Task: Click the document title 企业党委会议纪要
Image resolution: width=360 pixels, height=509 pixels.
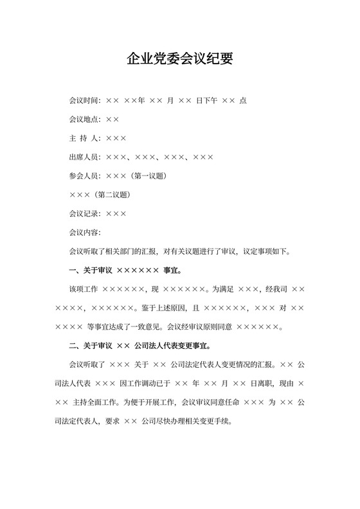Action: (x=179, y=59)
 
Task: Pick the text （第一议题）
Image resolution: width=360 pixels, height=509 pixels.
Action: (x=150, y=175)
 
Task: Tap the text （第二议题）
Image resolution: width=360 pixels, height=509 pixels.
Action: (x=113, y=194)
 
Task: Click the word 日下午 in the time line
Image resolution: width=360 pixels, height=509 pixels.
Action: (x=206, y=101)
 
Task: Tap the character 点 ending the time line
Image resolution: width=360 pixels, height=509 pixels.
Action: (x=242, y=101)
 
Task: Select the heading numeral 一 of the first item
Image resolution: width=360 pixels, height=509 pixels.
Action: (x=73, y=271)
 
